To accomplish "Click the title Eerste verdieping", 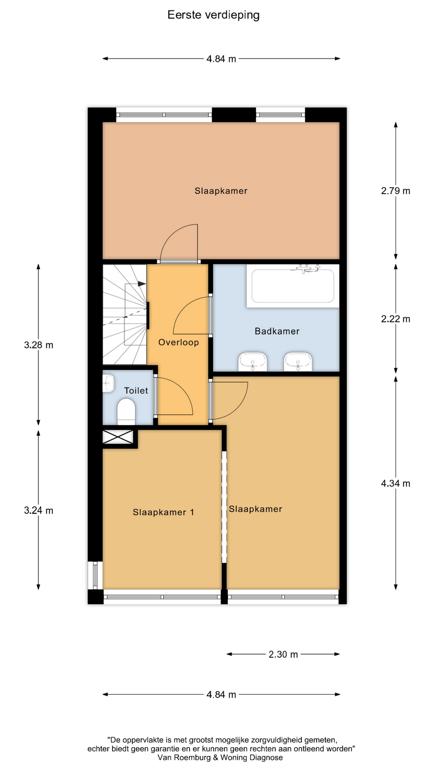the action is [x=213, y=15].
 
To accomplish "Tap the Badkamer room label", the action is [x=277, y=331].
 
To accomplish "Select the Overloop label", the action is [x=178, y=343].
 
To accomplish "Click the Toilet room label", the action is [x=136, y=390].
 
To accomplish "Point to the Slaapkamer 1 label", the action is [x=164, y=512].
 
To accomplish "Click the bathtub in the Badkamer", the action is [x=293, y=286].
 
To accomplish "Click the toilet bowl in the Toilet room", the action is [x=126, y=411].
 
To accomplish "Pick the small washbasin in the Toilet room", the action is [x=108, y=383].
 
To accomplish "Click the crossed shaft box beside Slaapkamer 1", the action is [x=118, y=437].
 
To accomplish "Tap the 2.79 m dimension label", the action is [x=396, y=191].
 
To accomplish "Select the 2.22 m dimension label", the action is [x=396, y=319].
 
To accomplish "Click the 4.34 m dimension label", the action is [x=396, y=484].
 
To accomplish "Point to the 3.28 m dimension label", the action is [x=39, y=345].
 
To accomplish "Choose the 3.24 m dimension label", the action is [x=39, y=511].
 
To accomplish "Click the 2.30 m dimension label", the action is [x=283, y=655].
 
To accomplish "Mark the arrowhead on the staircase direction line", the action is [x=142, y=284].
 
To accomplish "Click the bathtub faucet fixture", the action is [x=307, y=268].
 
